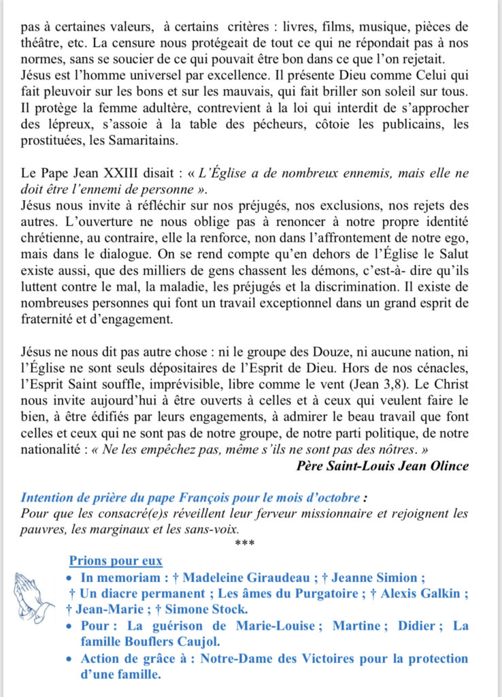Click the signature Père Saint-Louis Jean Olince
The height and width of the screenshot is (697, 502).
pyautogui.click(x=383, y=466)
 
